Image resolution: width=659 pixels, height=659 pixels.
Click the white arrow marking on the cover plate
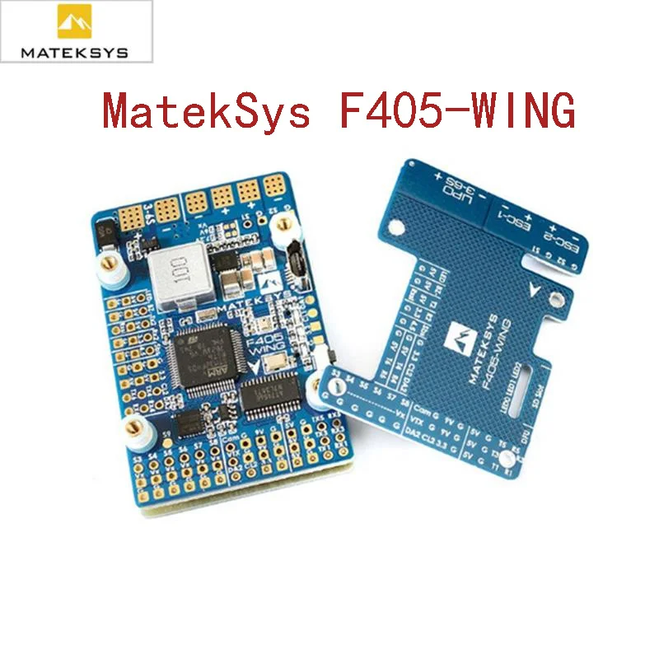click(537, 291)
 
